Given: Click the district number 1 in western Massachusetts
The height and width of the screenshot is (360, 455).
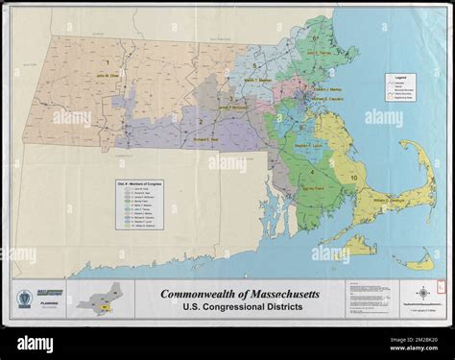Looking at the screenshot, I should click(107, 61).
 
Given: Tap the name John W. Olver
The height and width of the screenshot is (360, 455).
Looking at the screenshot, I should click(107, 72).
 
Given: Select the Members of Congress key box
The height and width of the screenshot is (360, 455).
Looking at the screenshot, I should click(136, 202).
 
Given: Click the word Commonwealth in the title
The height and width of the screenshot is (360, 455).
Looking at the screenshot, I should click(195, 293).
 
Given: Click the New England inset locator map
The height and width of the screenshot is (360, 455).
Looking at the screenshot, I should click(102, 298).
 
